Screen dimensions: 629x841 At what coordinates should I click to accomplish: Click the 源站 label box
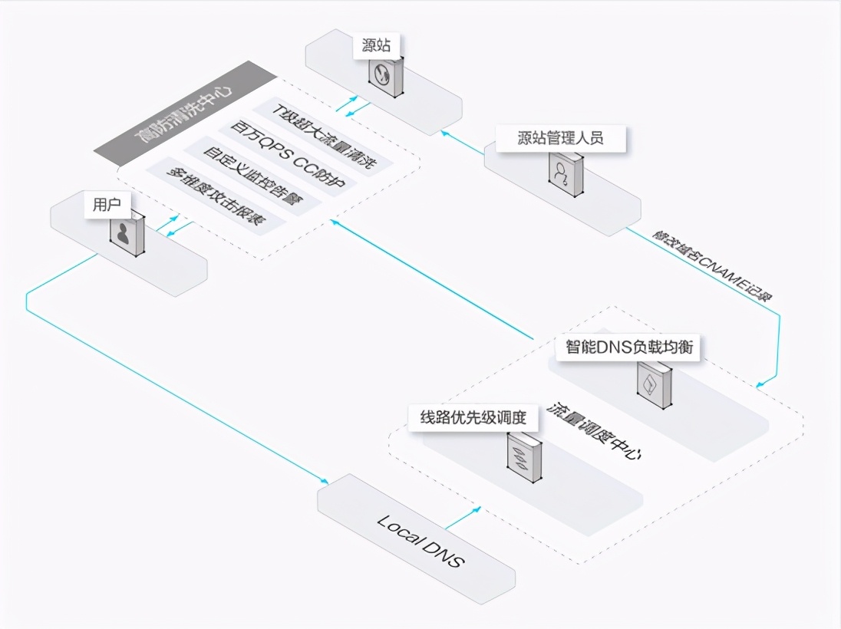376,45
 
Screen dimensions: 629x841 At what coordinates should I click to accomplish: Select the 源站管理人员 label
560,139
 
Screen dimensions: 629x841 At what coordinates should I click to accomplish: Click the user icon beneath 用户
127,234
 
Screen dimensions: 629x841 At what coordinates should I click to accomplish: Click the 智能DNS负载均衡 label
629,347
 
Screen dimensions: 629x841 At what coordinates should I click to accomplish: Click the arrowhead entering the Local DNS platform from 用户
325,481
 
